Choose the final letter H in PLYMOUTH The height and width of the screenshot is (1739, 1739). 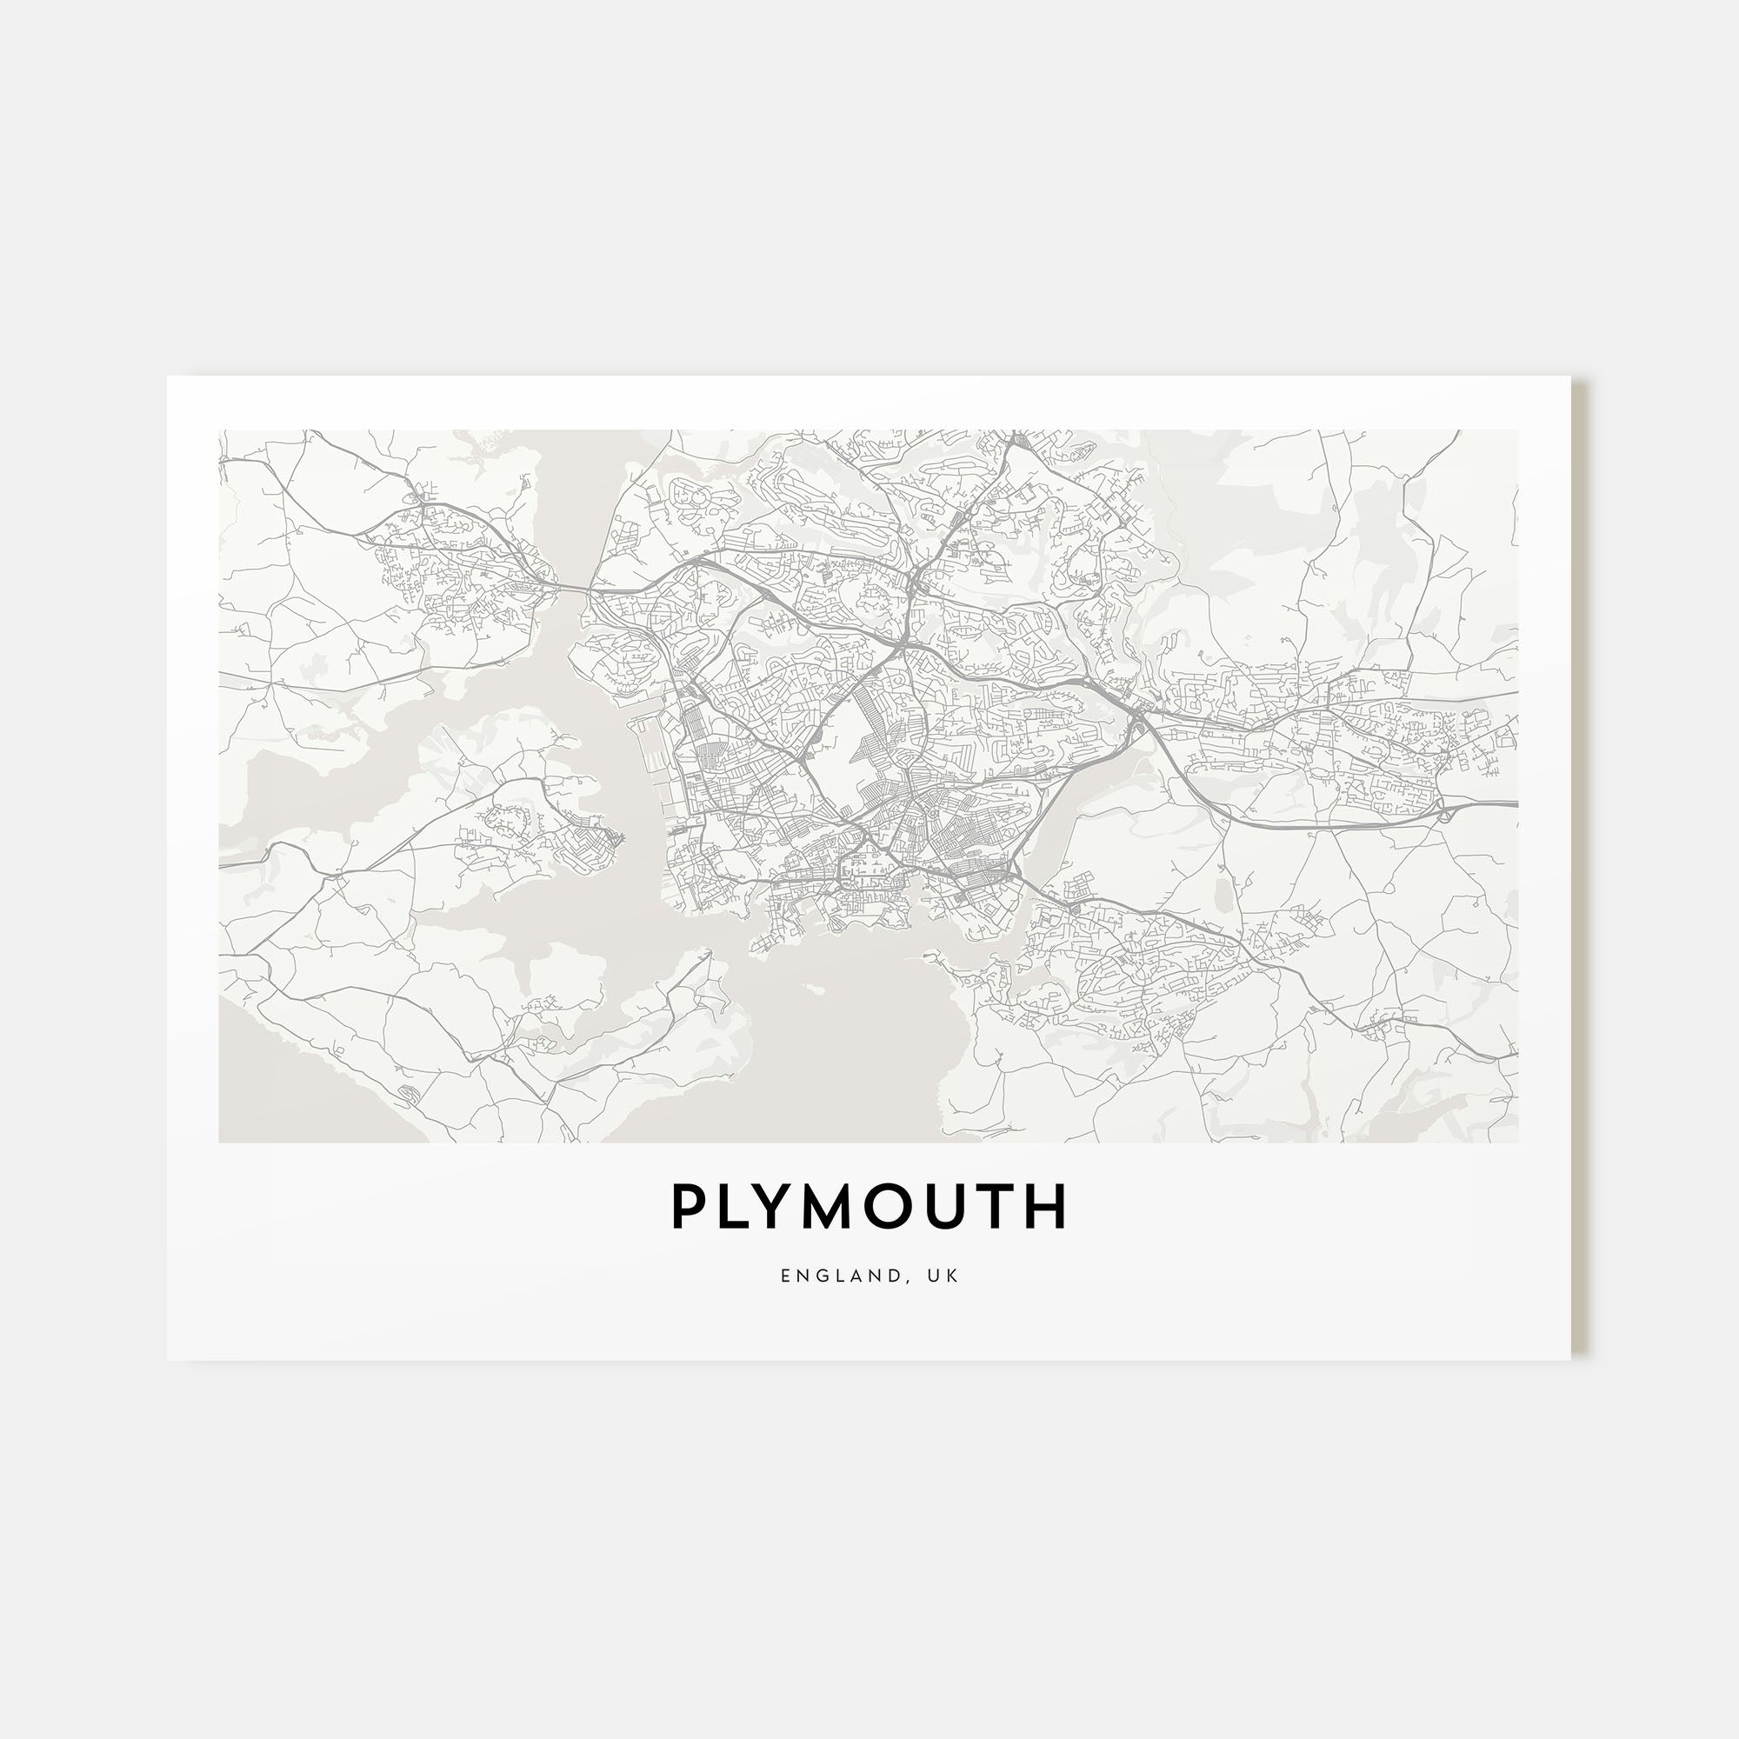(x=1048, y=1207)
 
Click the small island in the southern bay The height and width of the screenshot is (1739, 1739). (x=815, y=989)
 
